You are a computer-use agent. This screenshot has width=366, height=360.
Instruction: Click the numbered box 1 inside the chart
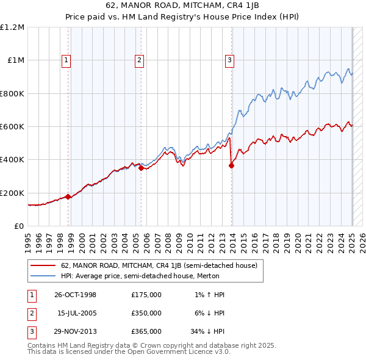pos(65,60)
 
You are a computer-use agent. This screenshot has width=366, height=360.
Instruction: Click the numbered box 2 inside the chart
pos(139,60)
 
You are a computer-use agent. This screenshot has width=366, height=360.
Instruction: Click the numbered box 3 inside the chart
pos(229,60)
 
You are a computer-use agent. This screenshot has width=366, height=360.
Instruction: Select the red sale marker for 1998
pos(68,196)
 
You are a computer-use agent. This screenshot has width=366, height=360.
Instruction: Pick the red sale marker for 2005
pos(141,168)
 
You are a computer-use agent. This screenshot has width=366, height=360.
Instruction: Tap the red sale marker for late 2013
pos(232,165)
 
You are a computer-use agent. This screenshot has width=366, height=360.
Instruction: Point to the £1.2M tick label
pos(12,27)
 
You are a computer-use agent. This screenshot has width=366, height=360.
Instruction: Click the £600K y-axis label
pos(12,127)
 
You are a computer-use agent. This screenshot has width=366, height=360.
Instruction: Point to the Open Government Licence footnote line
pos(129,351)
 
